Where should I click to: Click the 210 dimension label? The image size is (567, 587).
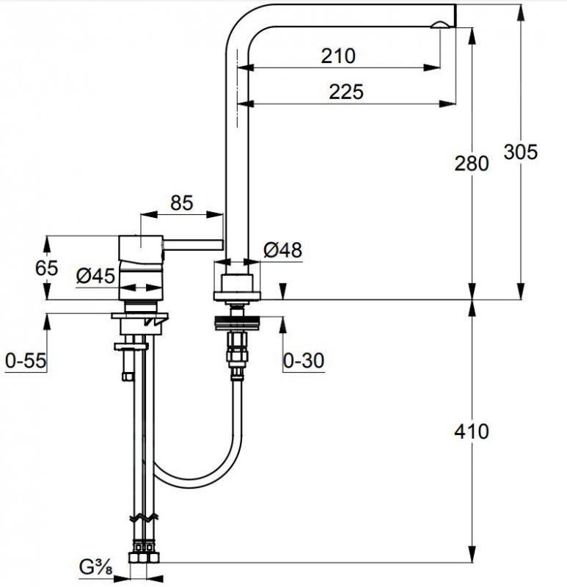(338, 56)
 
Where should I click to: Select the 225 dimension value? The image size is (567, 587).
(346, 92)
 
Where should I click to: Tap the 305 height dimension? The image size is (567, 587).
(521, 152)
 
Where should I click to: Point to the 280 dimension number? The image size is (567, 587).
(472, 164)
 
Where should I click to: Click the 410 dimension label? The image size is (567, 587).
(472, 431)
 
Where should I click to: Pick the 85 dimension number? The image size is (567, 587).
(182, 203)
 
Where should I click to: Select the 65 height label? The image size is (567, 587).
(46, 268)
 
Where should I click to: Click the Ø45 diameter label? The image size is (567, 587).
(96, 277)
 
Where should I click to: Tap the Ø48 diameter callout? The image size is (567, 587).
(282, 249)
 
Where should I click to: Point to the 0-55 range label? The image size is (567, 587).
(26, 361)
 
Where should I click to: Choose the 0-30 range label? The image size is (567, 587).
(304, 361)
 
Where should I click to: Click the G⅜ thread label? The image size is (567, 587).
(96, 567)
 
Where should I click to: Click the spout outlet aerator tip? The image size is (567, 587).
(441, 26)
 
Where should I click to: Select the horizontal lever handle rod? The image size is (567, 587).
(193, 245)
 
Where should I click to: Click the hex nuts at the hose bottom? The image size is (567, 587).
(144, 558)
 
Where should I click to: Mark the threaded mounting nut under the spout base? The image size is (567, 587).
(236, 324)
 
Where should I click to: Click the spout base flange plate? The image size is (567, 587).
(236, 296)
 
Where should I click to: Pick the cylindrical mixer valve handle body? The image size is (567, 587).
(141, 268)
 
